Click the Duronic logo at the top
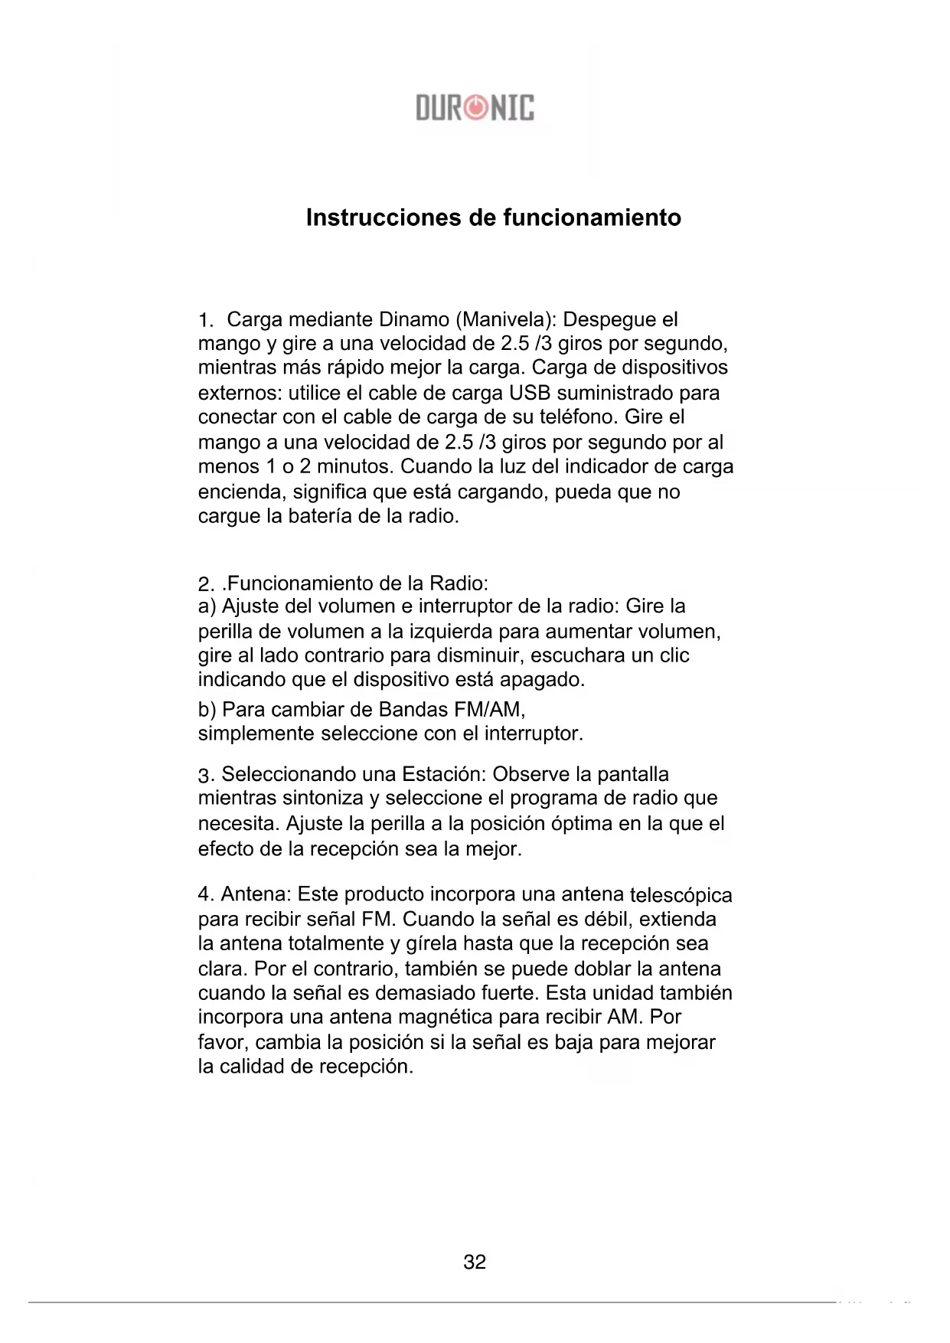pyautogui.click(x=475, y=108)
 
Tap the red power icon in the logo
pyautogui.click(x=475, y=108)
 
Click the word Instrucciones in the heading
pyautogui.click(x=384, y=217)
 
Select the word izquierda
pyautogui.click(x=452, y=632)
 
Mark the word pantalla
pyautogui.click(x=632, y=774)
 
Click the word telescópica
pyautogui.click(x=680, y=894)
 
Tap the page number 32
pyautogui.click(x=475, y=1262)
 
